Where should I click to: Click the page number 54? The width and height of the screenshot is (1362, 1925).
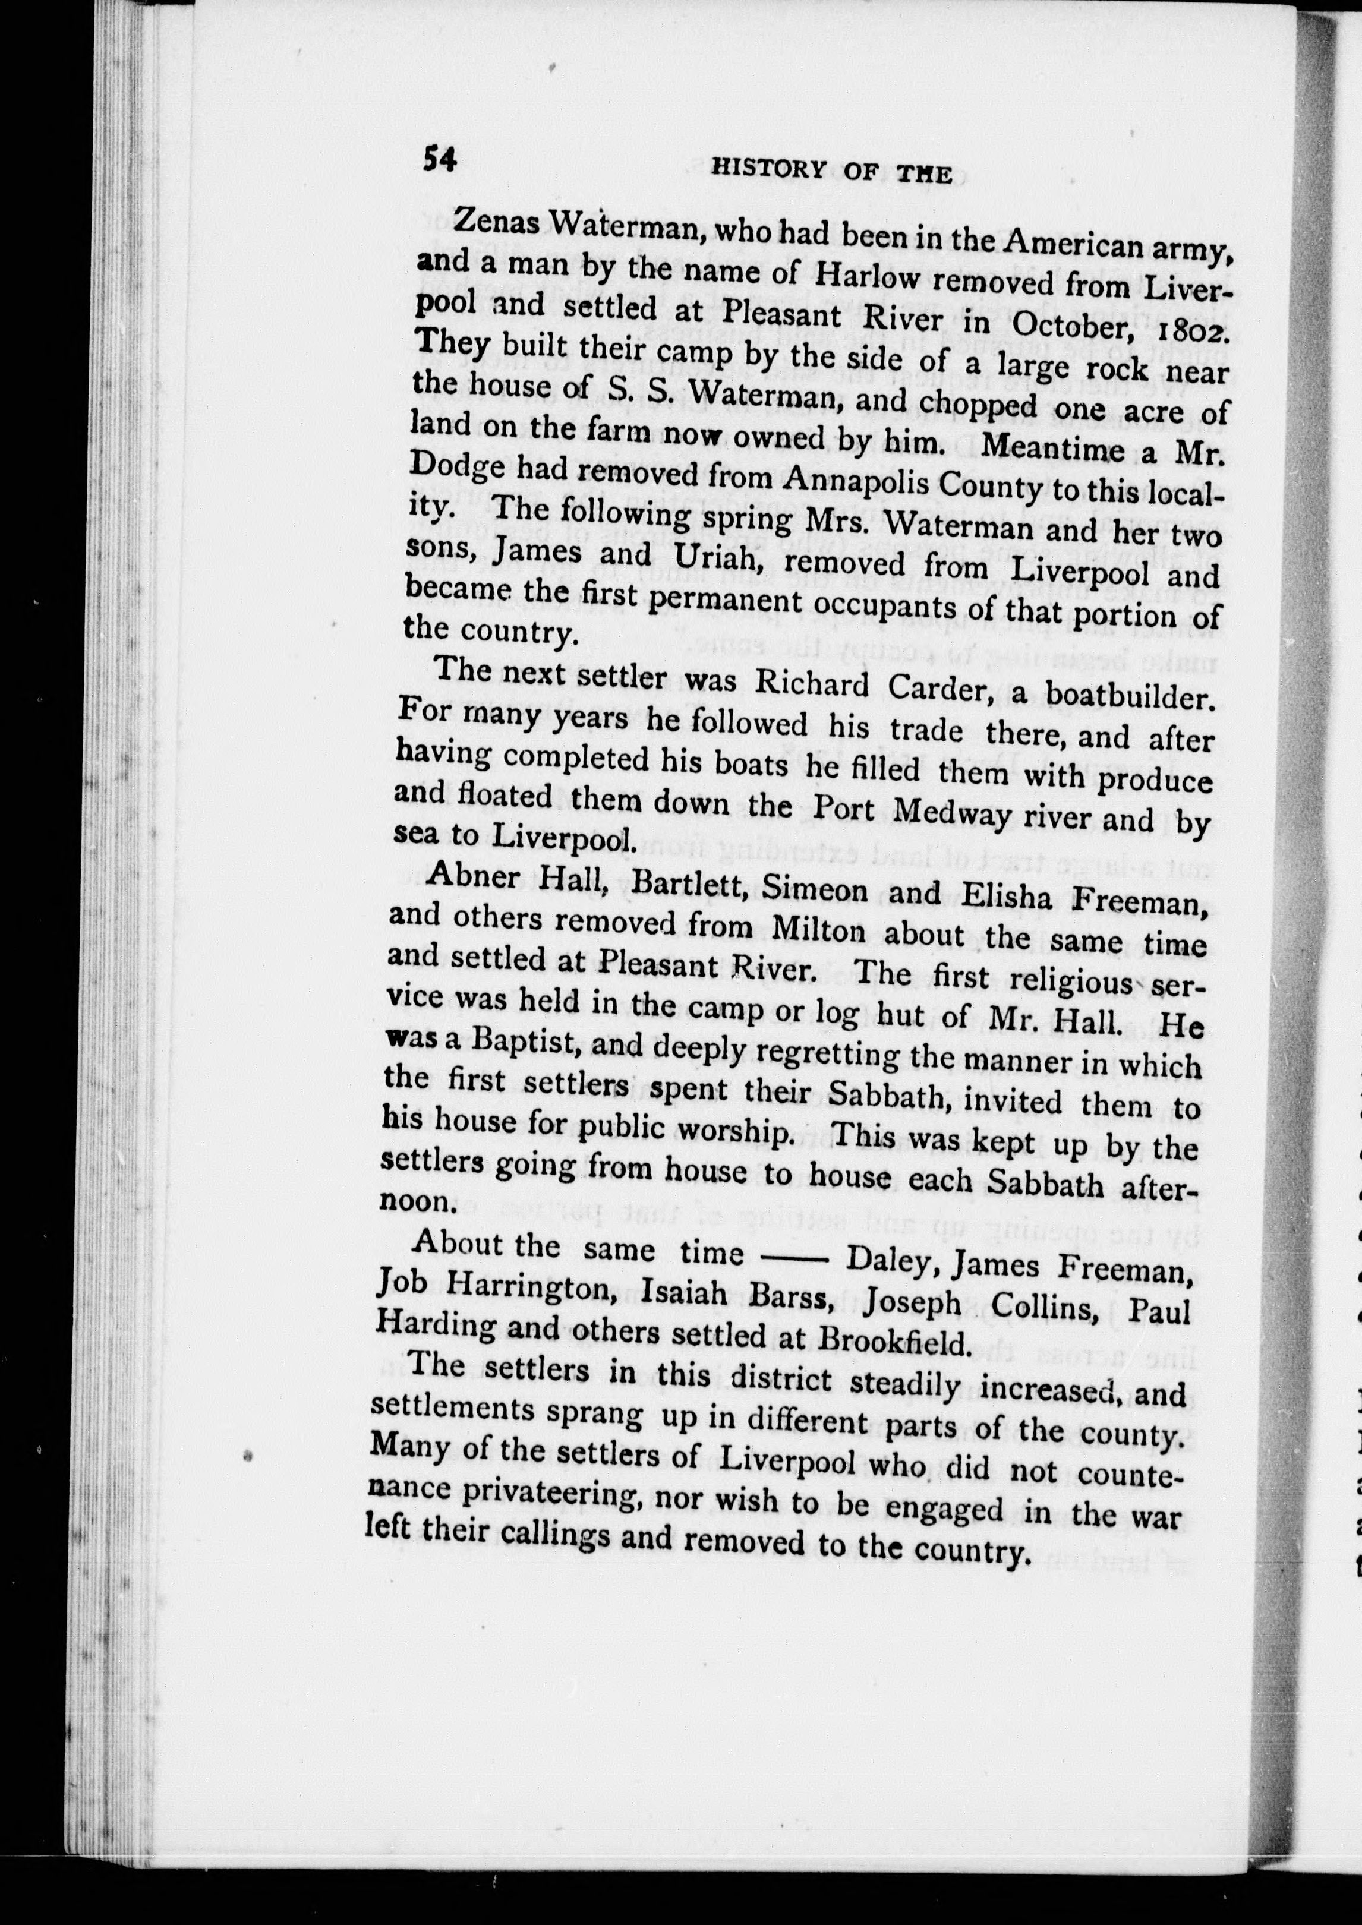(440, 157)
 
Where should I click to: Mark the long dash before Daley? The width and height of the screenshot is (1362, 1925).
(794, 1254)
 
